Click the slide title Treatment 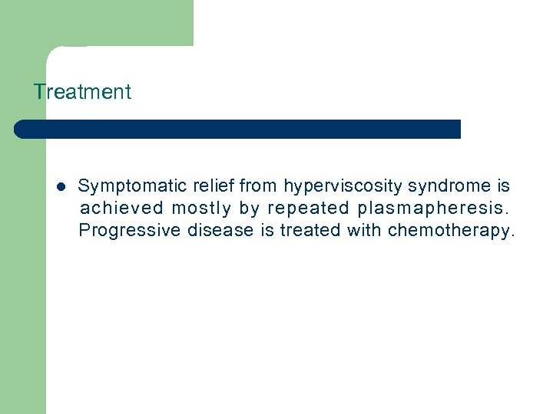pos(82,92)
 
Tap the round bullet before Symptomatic pos(61,186)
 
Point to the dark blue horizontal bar pos(237,129)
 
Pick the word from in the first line pos(259,186)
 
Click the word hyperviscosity pos(343,186)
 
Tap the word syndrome pos(449,186)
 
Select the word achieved pos(122,209)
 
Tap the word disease pos(220,231)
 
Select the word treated pos(310,231)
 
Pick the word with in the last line pos(365,231)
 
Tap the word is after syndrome pos(503,186)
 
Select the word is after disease pos(267,231)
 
